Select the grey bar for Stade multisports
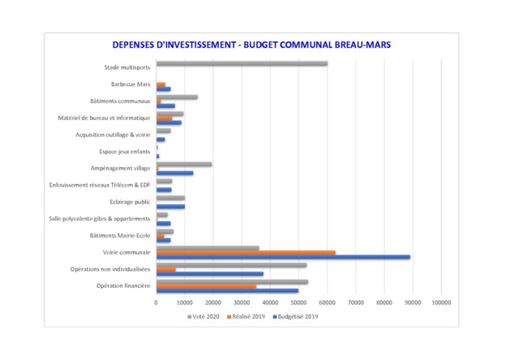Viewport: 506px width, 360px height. pos(242,63)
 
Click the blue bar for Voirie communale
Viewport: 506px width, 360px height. pos(283,257)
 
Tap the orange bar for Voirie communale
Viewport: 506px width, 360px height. pos(246,252)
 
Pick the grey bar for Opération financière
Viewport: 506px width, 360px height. pos(232,281)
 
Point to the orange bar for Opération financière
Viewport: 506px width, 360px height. pos(206,285)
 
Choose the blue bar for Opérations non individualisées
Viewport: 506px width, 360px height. pos(209,274)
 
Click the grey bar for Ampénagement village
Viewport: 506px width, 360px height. pos(184,164)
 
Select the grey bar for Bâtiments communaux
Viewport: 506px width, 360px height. pos(177,96)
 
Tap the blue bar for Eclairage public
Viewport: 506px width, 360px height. pos(170,207)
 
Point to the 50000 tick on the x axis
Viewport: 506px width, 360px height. pos(298,302)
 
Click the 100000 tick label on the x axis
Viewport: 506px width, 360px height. pos(440,302)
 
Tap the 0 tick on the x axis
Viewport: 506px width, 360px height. pos(157,302)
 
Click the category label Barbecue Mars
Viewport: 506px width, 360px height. pos(130,84)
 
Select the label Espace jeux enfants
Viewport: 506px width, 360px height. pos(122,152)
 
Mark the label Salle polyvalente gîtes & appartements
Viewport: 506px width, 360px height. pos(99,219)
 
